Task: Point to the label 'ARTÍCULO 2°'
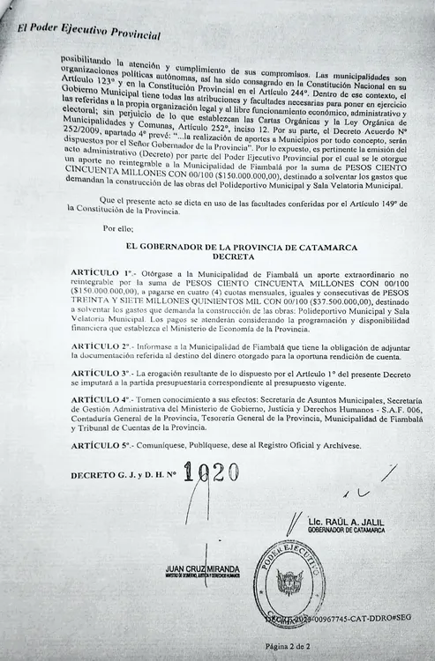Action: click(101, 347)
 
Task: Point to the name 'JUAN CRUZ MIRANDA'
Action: click(202, 569)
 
